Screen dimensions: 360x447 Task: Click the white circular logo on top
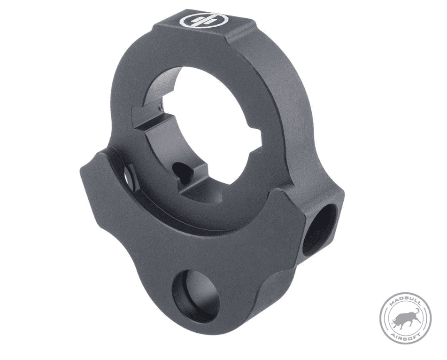[x=205, y=20]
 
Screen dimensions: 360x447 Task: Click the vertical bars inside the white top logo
[x=205, y=20]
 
